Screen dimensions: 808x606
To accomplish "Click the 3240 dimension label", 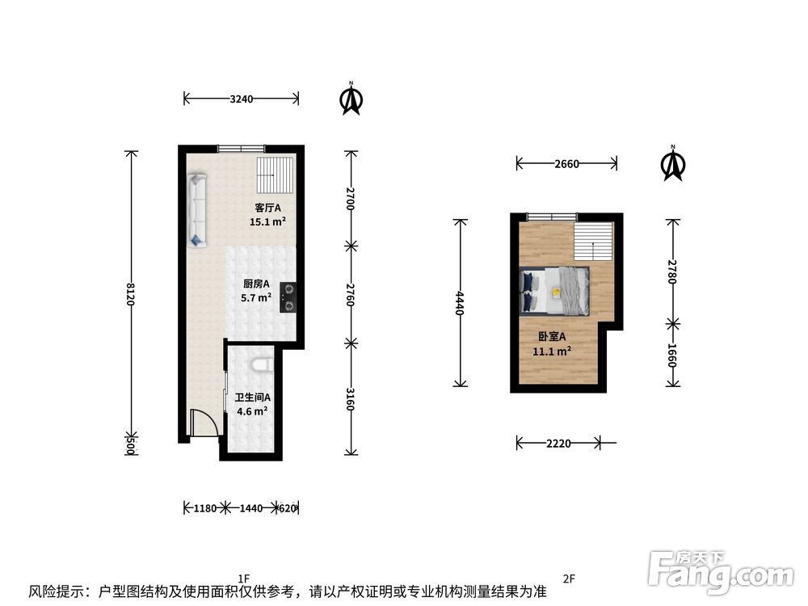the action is coord(241,99).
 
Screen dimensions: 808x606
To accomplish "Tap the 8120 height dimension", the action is coord(131,294).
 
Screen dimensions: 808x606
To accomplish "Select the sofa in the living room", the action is coord(197,211).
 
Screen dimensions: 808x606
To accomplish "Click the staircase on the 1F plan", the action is coord(276,175).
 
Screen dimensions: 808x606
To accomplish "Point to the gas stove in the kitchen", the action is coord(288,297).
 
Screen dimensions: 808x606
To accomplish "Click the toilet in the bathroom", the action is coord(263,365).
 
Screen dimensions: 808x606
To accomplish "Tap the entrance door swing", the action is coord(203,423).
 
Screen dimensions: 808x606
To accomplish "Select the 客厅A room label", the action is coord(267,208).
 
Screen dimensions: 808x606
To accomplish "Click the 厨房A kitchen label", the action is coord(256,284).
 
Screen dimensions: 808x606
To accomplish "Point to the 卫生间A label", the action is coord(252,398).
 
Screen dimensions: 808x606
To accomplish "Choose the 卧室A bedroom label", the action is coord(552,336).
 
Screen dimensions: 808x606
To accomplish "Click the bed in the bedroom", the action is coord(554,291).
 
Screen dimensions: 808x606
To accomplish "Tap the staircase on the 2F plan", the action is coord(594,242).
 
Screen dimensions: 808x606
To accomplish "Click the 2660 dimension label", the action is coord(567,164).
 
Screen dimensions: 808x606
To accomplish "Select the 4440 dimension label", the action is coord(460,303).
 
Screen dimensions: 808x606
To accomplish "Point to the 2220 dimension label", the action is coord(558,443).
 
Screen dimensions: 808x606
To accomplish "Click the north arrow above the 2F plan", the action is coord(673,163).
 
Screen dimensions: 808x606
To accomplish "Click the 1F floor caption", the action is coord(244,579).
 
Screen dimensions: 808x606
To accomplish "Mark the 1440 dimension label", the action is coord(251,508).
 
